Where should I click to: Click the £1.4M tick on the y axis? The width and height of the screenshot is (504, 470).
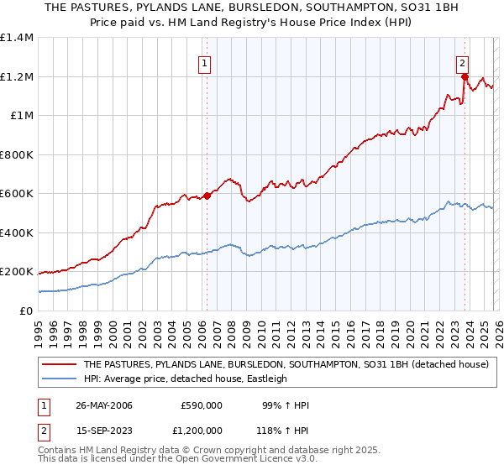[17, 38]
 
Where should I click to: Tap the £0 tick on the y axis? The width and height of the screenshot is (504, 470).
[27, 311]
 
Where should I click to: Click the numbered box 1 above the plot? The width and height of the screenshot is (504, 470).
[206, 61]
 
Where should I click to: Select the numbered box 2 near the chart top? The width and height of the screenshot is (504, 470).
[463, 61]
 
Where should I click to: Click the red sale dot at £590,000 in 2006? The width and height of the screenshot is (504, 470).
[207, 196]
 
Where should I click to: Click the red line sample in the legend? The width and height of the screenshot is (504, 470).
[60, 365]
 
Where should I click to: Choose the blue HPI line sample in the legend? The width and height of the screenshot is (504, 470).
[60, 379]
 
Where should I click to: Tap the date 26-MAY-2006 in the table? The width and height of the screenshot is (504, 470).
[103, 405]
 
